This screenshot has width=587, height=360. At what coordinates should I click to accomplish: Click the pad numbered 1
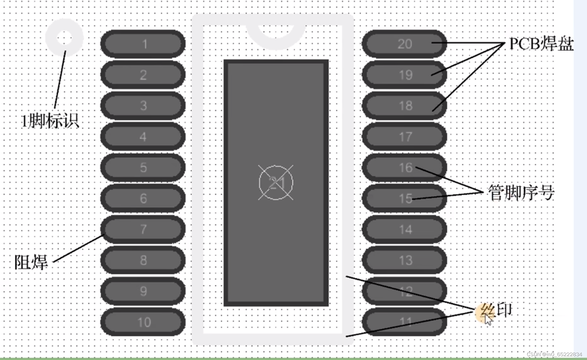click(x=143, y=44)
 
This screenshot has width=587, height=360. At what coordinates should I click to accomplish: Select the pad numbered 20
click(x=404, y=44)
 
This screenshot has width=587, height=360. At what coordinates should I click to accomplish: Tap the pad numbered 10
click(x=143, y=322)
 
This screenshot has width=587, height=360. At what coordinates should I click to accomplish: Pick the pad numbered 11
click(x=404, y=322)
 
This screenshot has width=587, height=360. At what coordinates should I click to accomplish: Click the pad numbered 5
click(x=143, y=167)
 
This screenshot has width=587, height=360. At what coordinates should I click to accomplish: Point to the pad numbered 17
click(x=404, y=136)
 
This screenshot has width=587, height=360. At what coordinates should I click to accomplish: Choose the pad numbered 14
click(x=404, y=229)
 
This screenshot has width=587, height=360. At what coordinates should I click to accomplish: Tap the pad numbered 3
click(x=143, y=106)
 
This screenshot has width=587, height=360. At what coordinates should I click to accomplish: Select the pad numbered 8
click(x=143, y=260)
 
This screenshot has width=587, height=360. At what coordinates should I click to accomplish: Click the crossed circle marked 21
click(x=276, y=183)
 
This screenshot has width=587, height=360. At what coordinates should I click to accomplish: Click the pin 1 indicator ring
click(x=64, y=38)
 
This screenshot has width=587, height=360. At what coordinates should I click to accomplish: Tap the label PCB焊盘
click(x=541, y=44)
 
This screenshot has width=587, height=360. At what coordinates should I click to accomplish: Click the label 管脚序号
click(x=521, y=192)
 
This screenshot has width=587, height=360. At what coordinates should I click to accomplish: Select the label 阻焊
click(x=31, y=262)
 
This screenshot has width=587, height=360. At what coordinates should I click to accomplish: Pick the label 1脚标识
click(x=49, y=121)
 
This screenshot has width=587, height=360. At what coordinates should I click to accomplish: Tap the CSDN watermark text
click(x=554, y=354)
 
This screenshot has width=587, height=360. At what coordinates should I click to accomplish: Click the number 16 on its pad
click(x=405, y=167)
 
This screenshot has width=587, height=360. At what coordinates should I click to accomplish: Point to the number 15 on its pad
click(x=405, y=198)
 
